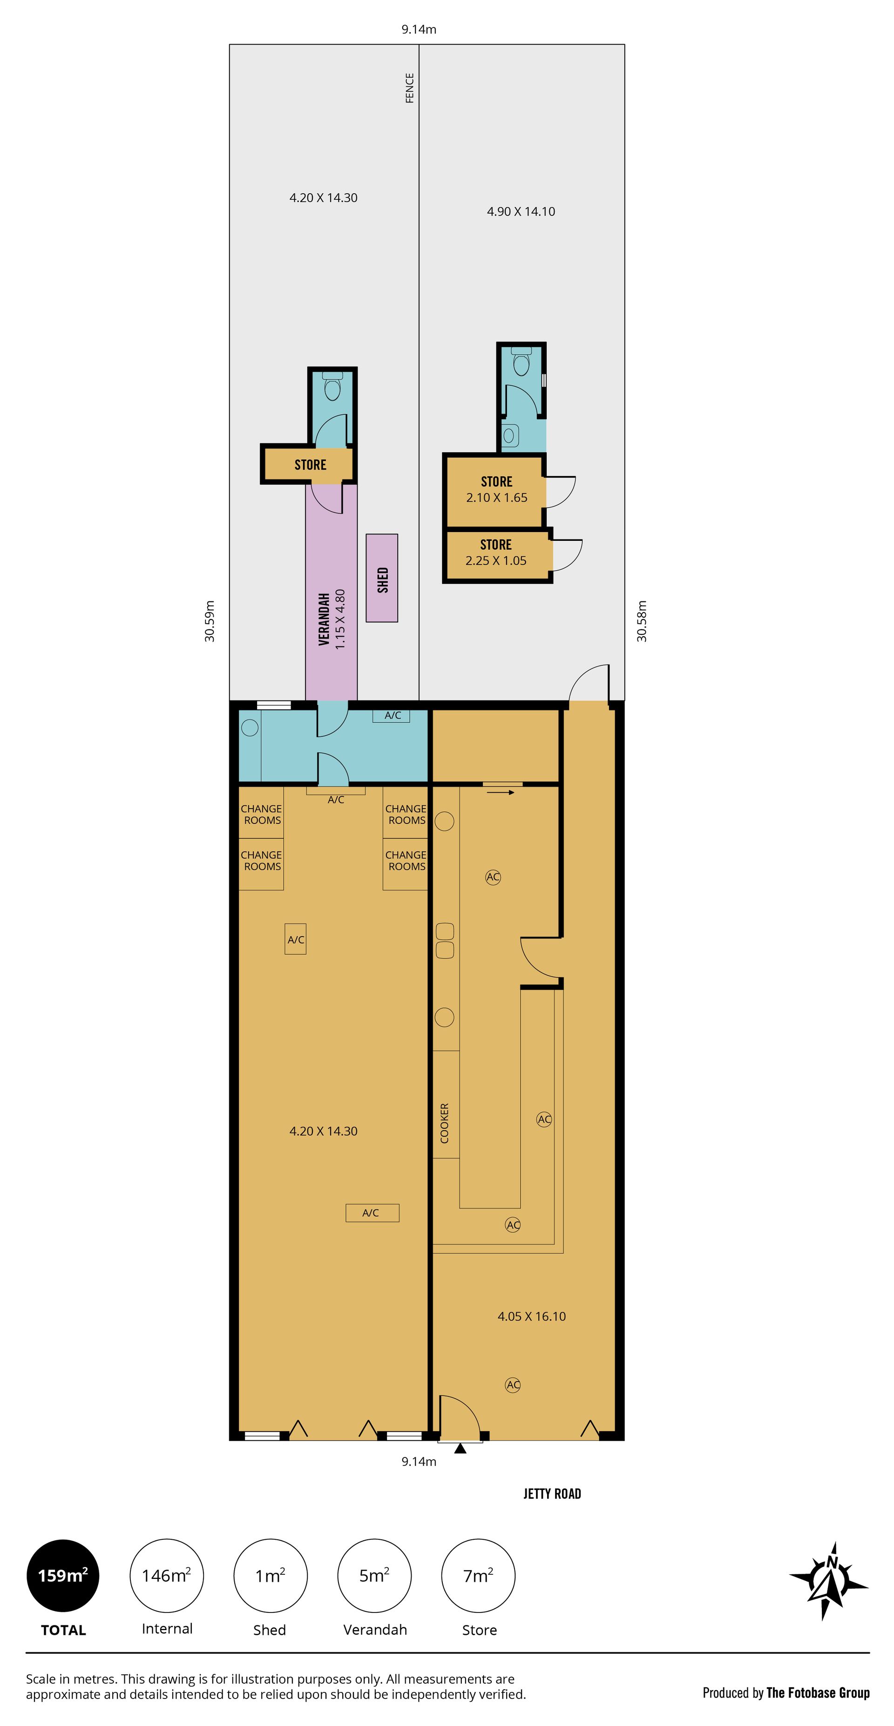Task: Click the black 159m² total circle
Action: point(63,1575)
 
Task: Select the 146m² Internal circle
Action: point(167,1575)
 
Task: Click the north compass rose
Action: point(829,1581)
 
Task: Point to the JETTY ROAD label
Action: point(552,1494)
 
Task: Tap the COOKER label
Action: point(444,1123)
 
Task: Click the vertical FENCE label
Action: point(409,88)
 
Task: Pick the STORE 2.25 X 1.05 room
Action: point(497,555)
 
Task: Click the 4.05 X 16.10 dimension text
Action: point(531,1316)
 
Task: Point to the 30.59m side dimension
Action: point(210,621)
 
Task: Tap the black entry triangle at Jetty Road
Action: point(460,1449)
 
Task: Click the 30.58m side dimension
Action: point(642,621)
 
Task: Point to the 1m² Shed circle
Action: point(270,1575)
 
